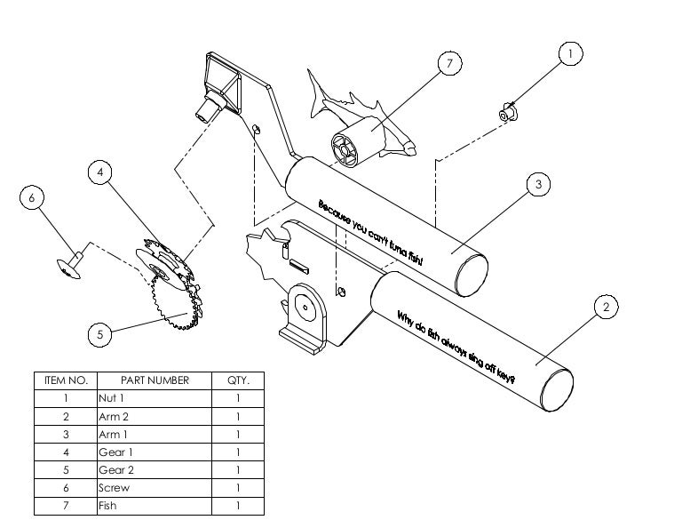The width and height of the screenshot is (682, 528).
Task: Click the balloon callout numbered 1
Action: (570, 54)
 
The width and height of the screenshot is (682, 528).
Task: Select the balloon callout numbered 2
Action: (606, 308)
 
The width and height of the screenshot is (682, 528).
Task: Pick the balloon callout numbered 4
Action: (100, 172)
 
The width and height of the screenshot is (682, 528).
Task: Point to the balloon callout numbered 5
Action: (100, 334)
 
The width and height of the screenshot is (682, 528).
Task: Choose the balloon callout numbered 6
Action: (32, 197)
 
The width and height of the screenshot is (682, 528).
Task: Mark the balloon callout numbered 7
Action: (450, 64)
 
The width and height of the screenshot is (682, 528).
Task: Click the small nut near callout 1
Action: (507, 114)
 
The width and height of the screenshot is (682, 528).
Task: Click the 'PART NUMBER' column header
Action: (155, 380)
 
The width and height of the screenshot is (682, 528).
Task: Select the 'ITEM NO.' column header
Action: (66, 380)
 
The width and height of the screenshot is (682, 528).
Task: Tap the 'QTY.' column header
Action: (238, 380)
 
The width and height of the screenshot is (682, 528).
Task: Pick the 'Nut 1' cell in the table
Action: (155, 398)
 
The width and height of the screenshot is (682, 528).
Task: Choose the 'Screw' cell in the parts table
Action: (155, 488)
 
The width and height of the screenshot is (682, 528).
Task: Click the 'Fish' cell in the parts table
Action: (155, 506)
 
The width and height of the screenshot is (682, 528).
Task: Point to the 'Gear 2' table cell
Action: (155, 470)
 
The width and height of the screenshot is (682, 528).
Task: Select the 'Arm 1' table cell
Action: (155, 435)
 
